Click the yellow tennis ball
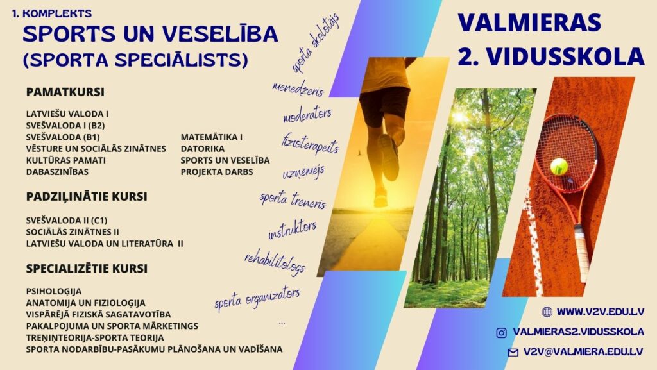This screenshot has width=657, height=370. point(559,167)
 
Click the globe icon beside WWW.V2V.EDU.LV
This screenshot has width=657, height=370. point(547,312)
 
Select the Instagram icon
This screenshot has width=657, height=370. point(501,332)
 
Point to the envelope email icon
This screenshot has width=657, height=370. point(513,353)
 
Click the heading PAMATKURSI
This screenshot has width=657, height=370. point(65,92)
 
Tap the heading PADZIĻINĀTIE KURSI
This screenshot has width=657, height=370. point(87,196)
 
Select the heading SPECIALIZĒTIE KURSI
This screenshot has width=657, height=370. point(87,268)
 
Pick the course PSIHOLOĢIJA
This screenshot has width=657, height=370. point(54,291)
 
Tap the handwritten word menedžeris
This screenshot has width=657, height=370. point(298,88)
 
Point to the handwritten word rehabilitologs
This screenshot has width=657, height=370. point(275,263)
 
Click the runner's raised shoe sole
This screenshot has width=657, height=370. point(389,157)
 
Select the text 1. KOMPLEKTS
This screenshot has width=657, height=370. point(52,13)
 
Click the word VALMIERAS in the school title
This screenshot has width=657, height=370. point(529,22)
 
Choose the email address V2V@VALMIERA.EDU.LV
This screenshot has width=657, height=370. point(583,352)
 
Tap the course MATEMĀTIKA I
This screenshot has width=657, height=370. point(212,137)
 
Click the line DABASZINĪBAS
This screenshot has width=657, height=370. point(57,172)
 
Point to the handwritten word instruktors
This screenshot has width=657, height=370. point(293,230)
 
